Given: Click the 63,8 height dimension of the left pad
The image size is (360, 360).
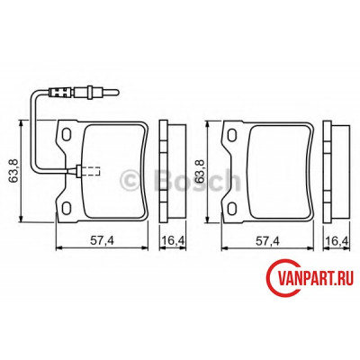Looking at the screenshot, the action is pos(13,171).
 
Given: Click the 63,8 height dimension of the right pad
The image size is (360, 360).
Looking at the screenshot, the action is pos(200,171).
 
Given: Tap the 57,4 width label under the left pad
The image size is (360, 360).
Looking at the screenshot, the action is pos(102,240).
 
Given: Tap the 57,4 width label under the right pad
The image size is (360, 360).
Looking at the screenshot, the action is pos(267,240).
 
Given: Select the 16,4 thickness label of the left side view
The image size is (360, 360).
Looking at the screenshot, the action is pos(173,240).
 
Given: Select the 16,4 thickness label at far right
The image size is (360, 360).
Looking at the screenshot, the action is pos(337,240).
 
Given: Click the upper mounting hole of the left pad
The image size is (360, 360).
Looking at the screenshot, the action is pos(67,134).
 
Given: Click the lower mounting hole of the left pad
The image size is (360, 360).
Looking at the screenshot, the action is pos(67,208).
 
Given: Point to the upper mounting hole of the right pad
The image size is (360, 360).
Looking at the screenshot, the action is pos(231,134).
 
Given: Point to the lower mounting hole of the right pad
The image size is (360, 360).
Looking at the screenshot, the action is pos(231,208).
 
